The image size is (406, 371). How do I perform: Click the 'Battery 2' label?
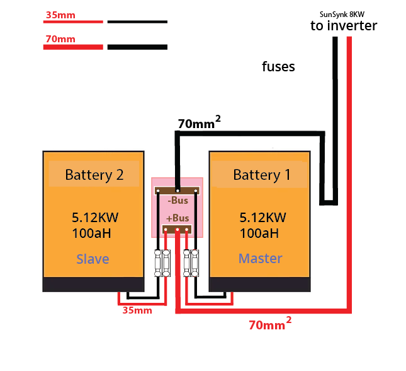click(x=94, y=175)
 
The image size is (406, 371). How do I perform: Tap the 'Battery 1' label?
click(x=262, y=175)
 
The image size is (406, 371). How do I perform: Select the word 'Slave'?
click(x=93, y=259)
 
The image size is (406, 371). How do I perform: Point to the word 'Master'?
click(x=260, y=258)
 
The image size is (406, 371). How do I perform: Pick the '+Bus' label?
click(x=178, y=218)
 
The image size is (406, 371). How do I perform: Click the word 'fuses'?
click(x=278, y=66)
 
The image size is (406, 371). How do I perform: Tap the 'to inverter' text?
click(x=344, y=26)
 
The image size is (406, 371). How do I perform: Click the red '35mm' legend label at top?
click(x=60, y=15)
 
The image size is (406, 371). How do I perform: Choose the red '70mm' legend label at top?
click(x=60, y=39)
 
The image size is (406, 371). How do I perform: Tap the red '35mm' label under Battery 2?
click(x=137, y=310)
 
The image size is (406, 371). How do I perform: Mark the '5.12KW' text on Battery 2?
click(x=95, y=218)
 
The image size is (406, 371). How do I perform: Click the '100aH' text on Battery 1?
click(x=259, y=233)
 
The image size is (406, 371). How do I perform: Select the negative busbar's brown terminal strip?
click(x=178, y=190)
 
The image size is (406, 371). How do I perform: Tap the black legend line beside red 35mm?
click(x=137, y=22)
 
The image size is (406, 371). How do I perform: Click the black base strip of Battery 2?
click(x=94, y=284)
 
